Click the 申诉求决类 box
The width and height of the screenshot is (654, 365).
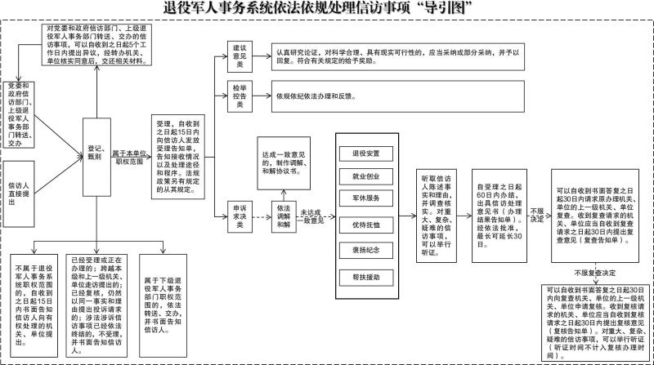click(240, 216)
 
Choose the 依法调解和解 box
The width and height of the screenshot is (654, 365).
click(283, 216)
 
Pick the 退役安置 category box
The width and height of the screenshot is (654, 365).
click(365, 153)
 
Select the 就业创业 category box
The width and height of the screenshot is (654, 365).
click(365, 176)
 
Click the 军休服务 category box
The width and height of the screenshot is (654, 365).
click(365, 198)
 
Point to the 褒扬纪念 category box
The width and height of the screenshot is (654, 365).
click(365, 251)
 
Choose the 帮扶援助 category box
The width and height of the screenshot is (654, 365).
click(365, 277)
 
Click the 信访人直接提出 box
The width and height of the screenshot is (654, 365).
click(19, 194)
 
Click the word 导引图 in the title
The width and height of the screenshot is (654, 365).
click(448, 9)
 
